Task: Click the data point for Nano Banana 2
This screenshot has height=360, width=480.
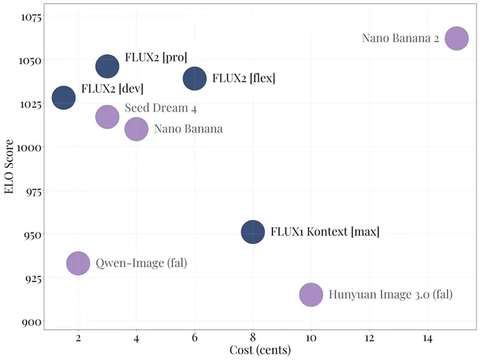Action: point(457,38)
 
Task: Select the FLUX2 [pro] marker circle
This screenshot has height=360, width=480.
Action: point(108,66)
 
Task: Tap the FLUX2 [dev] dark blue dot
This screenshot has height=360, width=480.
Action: point(64,98)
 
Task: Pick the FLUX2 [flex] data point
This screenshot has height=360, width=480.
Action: point(195,78)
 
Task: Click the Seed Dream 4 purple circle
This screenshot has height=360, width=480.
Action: point(108,117)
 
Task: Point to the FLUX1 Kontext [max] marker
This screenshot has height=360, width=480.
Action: point(253,232)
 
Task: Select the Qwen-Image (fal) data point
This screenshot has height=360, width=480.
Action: point(78,263)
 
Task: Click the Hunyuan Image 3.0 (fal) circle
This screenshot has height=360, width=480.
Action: point(311,294)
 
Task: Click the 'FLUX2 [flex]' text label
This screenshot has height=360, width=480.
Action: point(243,78)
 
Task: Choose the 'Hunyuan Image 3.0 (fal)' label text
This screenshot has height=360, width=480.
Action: point(390,294)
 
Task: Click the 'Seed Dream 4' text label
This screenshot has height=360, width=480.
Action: point(160,108)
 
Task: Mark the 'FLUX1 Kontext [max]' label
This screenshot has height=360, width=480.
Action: point(324,232)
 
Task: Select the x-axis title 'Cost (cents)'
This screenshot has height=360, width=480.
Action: point(260,350)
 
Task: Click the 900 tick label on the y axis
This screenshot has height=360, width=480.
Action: point(31,322)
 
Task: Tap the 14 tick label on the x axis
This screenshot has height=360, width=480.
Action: point(427,338)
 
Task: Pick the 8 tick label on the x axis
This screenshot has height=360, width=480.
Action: point(253,338)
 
